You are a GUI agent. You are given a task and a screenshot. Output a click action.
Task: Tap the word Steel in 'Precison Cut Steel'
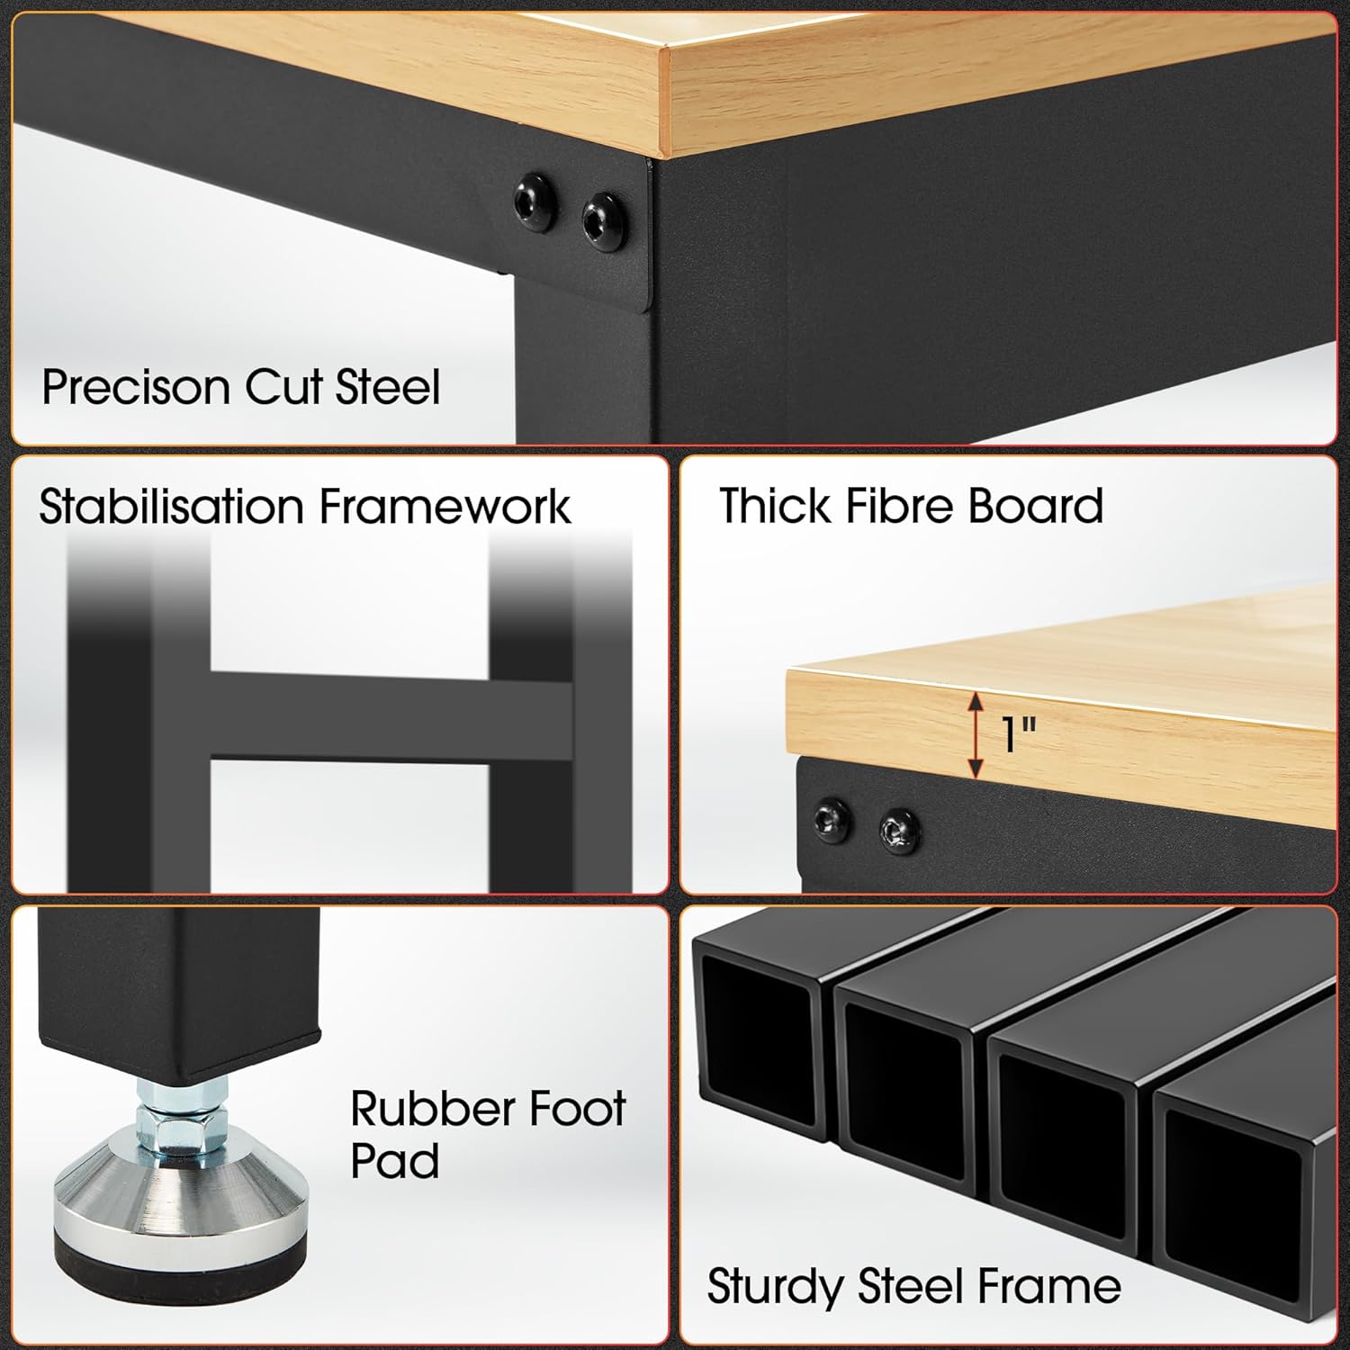388,387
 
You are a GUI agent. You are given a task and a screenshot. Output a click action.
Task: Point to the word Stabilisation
171,506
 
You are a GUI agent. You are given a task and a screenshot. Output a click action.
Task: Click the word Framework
445,506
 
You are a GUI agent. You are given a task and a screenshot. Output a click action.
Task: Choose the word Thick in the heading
774,506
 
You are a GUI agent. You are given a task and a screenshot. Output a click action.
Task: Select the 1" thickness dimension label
1019,735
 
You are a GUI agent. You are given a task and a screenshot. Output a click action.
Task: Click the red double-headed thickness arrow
974,735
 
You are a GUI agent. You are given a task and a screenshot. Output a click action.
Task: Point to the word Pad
394,1161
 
